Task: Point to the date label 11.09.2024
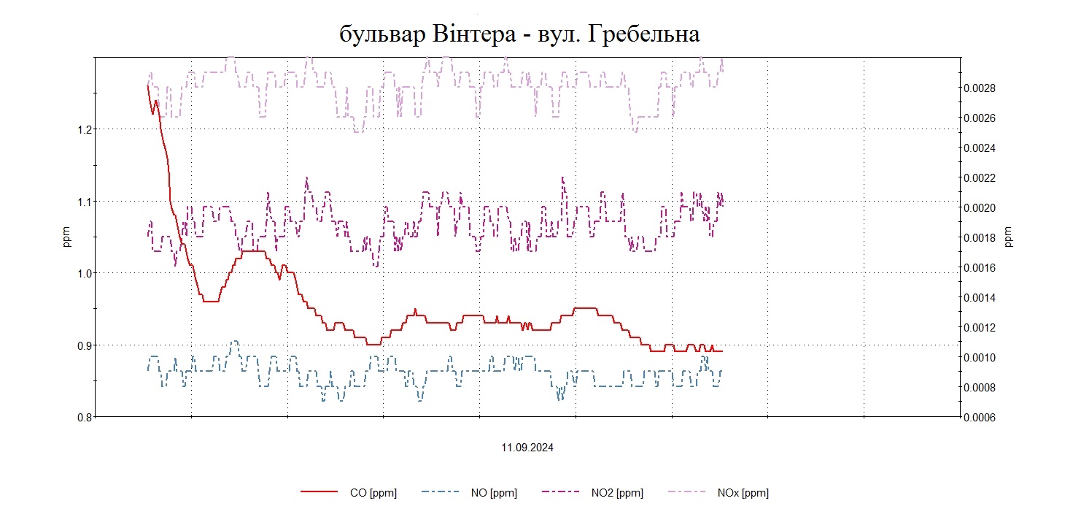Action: (527, 448)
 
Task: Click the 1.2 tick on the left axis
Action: (80, 129)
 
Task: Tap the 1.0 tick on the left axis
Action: (80, 273)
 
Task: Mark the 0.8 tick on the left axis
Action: (80, 417)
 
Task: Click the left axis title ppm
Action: (67, 237)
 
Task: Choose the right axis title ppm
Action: (1009, 237)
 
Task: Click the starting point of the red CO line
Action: (148, 86)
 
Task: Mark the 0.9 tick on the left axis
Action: (80, 345)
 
